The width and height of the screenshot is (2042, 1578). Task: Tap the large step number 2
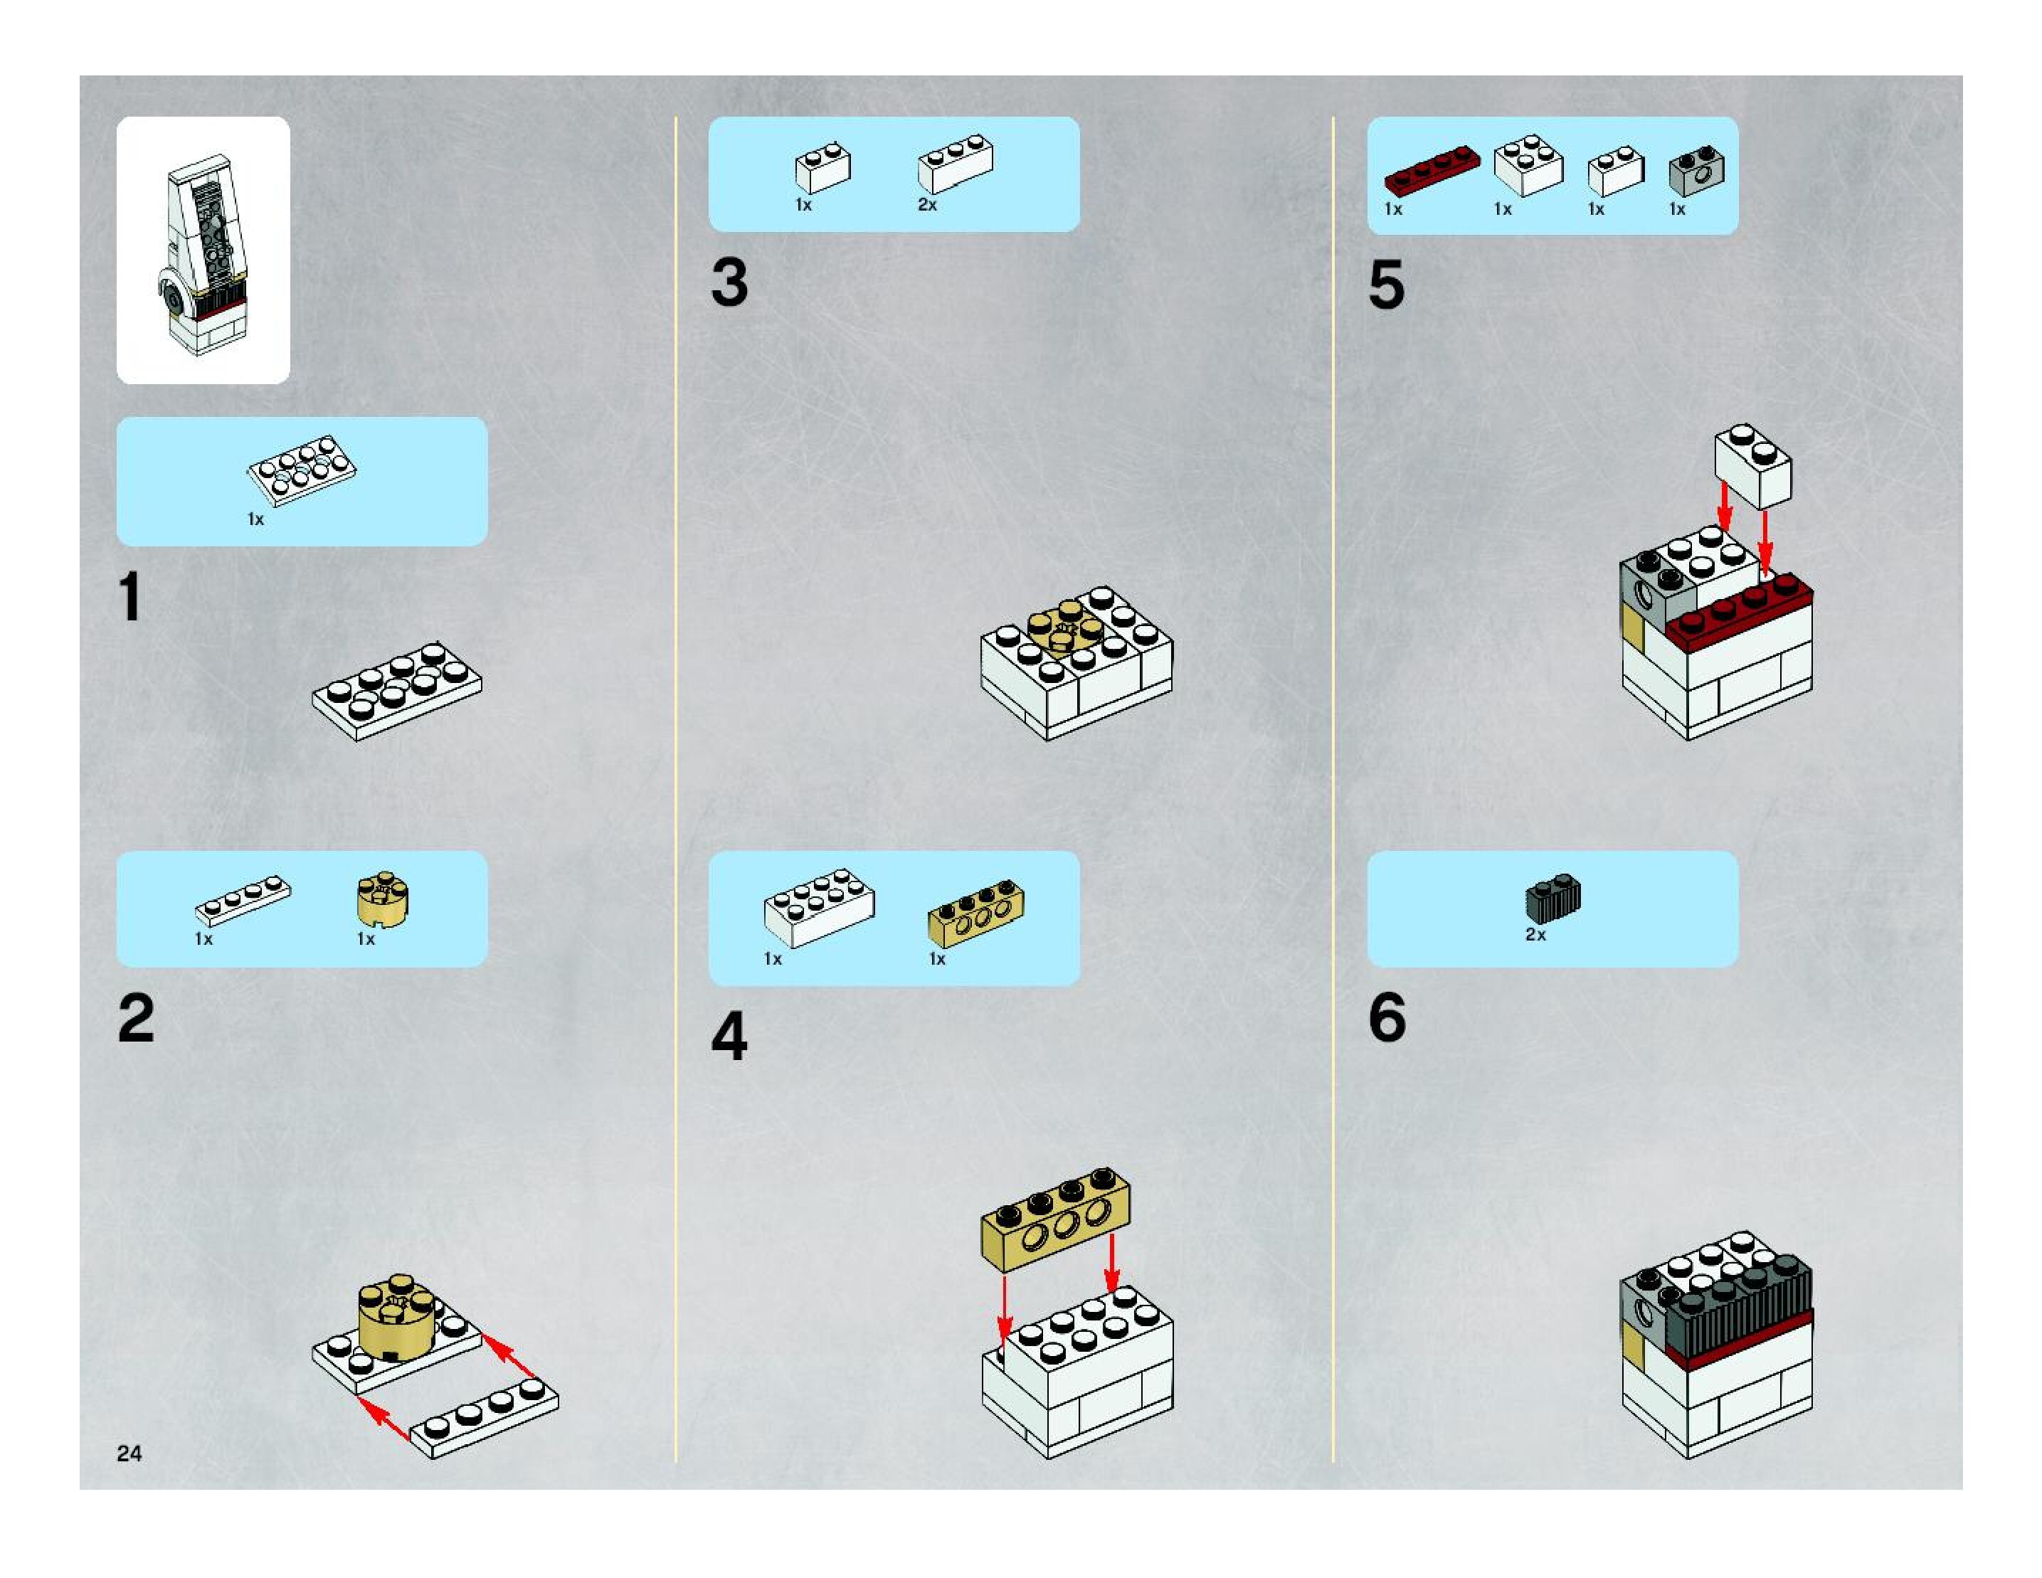pos(137,1018)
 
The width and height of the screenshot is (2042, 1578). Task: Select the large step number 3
pos(729,282)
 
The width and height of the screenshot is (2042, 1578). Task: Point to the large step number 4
pos(729,1036)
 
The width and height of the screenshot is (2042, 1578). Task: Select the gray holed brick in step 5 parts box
pos(1696,169)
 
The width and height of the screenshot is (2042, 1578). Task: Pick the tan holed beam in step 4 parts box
pos(975,911)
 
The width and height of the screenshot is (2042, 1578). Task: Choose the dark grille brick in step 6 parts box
pos(1553,897)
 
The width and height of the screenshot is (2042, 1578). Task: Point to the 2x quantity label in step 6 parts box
pos(1535,935)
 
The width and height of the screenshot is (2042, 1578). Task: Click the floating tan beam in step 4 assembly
pos(1056,1219)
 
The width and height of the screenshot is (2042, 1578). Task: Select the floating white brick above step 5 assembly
pos(1753,465)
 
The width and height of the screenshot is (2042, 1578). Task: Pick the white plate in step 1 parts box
pos(301,470)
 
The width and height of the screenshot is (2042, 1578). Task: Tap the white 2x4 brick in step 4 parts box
pos(819,907)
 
